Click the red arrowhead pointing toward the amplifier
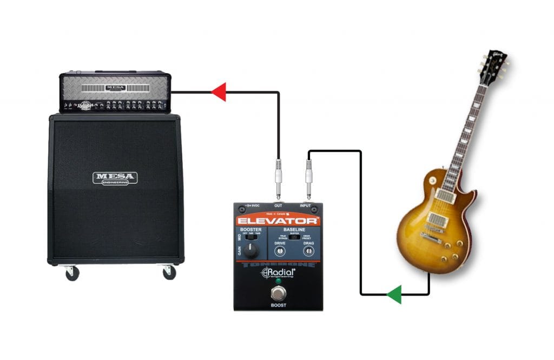[219, 92]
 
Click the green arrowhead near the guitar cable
[394, 295]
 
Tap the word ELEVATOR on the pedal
[278, 221]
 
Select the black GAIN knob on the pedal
[250, 250]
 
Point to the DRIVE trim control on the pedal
[280, 251]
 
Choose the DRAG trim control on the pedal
[309, 251]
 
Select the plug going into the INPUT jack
[309, 178]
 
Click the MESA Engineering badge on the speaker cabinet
[115, 178]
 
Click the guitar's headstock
[493, 66]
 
